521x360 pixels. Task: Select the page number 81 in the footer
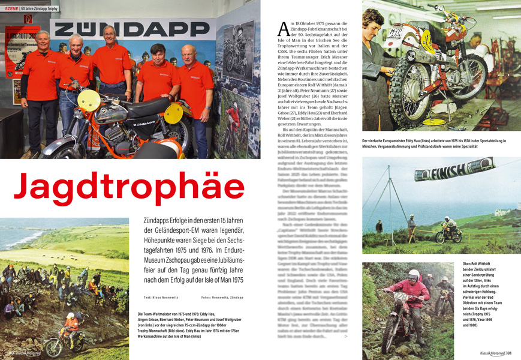pos(509,353)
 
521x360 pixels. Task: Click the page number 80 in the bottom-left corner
pos(11,353)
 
